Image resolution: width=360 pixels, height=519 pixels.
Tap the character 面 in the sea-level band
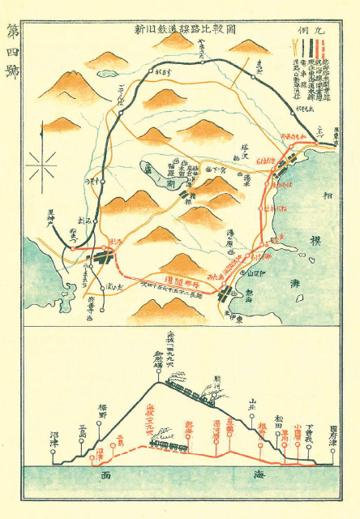tap(105, 477)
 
